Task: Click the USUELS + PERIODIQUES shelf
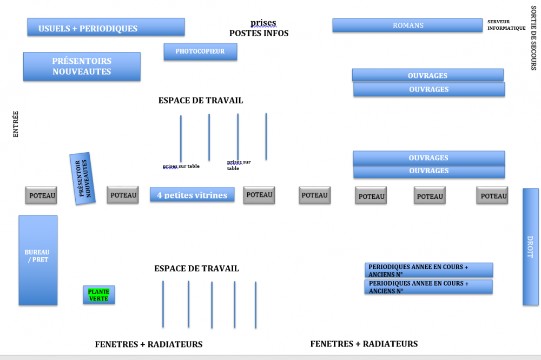coord(106,27)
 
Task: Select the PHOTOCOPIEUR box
coord(200,51)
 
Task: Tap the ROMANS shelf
coord(407,25)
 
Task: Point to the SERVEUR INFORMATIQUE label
coord(506,25)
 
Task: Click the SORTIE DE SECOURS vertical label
coord(533,38)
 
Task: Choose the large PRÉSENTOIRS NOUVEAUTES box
coord(82,67)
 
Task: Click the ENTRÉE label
coord(16,124)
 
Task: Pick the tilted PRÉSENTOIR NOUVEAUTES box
coord(82,178)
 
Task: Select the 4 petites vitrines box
coord(192,195)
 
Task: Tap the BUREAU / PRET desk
coord(38,260)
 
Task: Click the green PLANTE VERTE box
coord(98,295)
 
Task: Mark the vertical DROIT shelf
coord(530,246)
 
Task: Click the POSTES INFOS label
coord(259,33)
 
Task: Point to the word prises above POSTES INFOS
coord(263,23)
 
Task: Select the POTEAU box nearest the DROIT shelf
coord(492,196)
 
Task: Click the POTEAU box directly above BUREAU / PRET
coord(41,195)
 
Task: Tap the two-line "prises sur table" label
coord(239,165)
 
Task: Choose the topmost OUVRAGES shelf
coord(427,75)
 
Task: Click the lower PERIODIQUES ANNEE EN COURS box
coord(428,287)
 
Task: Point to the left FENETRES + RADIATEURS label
coord(149,344)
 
